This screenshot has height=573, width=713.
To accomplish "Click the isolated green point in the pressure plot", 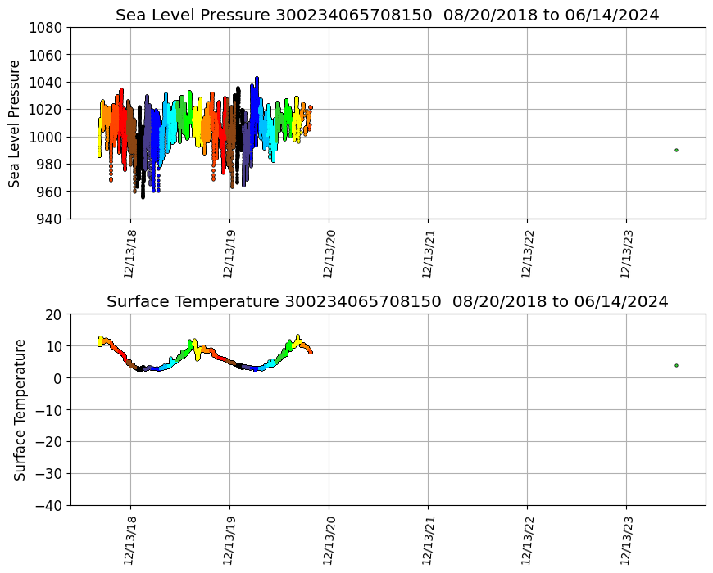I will [x=676, y=150].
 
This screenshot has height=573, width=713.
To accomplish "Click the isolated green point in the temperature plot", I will [x=676, y=365].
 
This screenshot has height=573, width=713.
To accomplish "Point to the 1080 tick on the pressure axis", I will [x=48, y=27].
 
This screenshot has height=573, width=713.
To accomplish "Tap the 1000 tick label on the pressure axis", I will [x=48, y=137].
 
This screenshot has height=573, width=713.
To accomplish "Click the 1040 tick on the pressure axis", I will [x=48, y=82].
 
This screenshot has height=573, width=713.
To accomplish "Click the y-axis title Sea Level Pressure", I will [x=16, y=123].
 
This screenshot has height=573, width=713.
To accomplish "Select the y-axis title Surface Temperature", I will [x=20, y=409].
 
